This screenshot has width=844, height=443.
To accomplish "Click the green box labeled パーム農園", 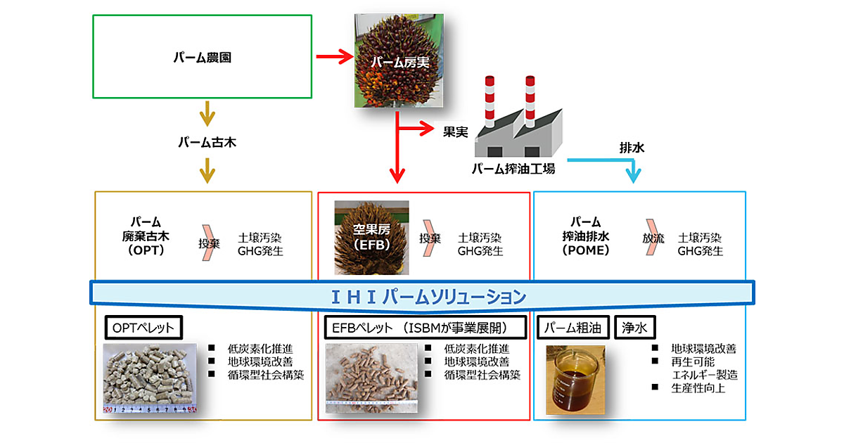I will coord(203,56).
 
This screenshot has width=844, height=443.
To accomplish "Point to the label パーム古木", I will coord(206,142).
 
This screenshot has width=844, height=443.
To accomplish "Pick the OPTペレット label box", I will coord(143,327).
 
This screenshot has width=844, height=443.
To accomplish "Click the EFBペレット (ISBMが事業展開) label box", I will coord(426,327).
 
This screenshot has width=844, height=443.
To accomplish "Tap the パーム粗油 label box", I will coord(573,327).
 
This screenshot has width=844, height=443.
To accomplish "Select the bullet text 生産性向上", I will coord(701,388).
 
